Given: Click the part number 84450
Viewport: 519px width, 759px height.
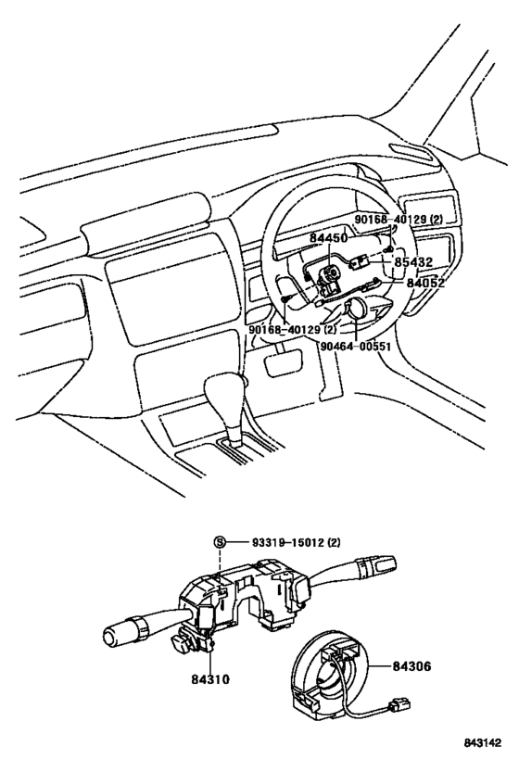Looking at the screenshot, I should tap(328, 238).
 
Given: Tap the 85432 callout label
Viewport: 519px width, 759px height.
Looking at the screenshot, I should tap(413, 262).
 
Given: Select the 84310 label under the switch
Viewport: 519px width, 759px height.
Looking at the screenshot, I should tap(211, 679).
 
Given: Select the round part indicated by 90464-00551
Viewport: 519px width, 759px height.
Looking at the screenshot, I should tap(355, 309).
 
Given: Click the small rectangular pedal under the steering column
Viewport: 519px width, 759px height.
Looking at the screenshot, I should tap(276, 362).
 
